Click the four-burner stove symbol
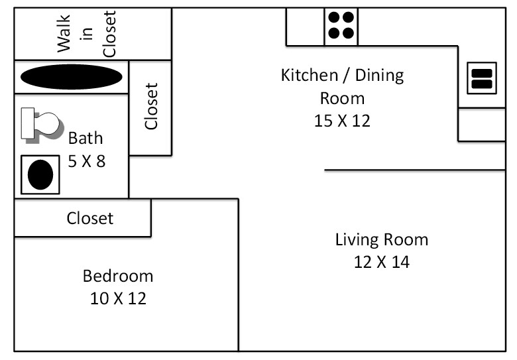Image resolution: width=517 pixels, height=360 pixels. click(x=341, y=26)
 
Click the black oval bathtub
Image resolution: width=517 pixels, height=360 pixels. click(x=71, y=77)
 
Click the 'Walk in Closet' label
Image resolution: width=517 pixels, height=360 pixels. click(x=86, y=33)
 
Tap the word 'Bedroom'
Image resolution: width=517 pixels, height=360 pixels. click(x=117, y=276)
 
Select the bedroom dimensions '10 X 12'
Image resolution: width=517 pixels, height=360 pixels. click(x=117, y=298)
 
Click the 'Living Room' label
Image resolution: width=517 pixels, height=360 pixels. click(x=381, y=239)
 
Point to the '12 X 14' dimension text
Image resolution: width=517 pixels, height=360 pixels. click(x=381, y=262)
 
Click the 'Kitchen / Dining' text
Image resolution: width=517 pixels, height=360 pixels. click(x=342, y=74)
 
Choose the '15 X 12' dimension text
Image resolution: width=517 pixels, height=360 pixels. click(x=342, y=121)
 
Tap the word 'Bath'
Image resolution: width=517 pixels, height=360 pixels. click(x=86, y=138)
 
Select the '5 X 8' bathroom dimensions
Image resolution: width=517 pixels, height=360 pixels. click(x=86, y=160)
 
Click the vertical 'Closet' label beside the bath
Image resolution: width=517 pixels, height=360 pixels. click(x=152, y=106)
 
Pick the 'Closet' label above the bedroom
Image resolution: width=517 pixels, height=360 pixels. click(x=89, y=218)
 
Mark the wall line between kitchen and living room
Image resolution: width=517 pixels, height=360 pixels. click(x=414, y=170)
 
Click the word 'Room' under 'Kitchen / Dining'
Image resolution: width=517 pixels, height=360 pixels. click(x=342, y=98)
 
